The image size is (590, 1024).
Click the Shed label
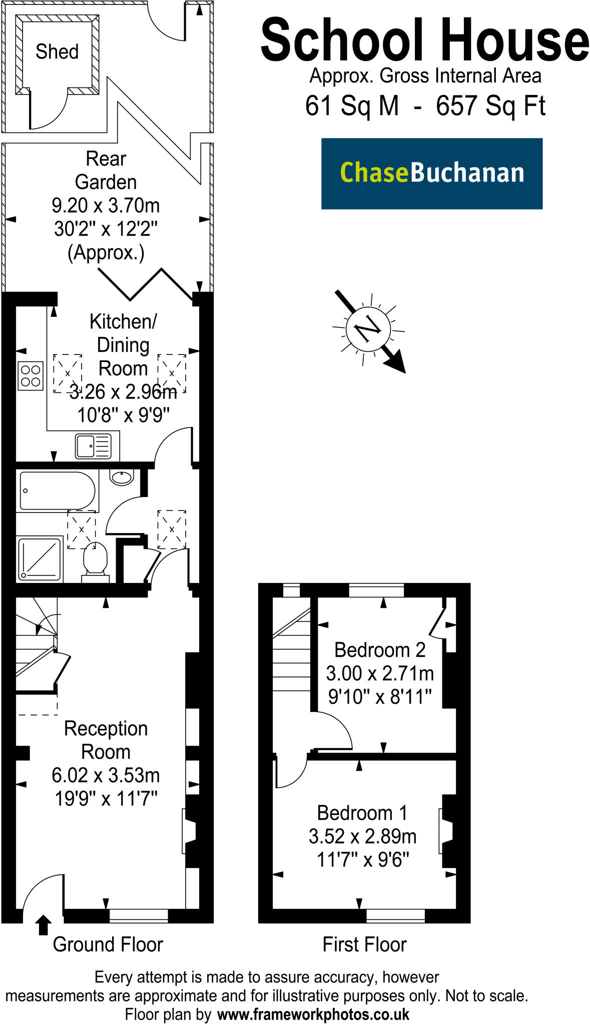click(x=57, y=51)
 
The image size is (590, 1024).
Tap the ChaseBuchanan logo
click(x=432, y=173)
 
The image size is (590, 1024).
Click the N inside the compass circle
click(x=368, y=328)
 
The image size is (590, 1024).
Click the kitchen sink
click(x=93, y=446)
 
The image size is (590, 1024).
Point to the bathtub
click(x=57, y=491)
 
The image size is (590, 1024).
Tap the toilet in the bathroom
click(x=95, y=562)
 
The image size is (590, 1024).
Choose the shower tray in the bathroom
click(x=40, y=559)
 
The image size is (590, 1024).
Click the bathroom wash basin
click(x=122, y=477)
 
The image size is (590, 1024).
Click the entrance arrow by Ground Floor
click(x=44, y=924)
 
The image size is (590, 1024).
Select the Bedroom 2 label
click(x=380, y=650)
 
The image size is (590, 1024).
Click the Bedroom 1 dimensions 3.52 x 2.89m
click(x=362, y=836)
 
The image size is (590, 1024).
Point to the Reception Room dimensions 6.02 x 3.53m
click(x=106, y=775)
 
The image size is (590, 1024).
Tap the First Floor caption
click(x=364, y=944)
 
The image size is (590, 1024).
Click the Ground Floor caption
click(x=108, y=944)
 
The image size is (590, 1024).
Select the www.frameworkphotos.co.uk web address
click(x=313, y=1014)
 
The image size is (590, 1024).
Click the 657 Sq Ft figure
click(x=490, y=105)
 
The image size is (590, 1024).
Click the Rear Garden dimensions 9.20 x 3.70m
click(x=106, y=205)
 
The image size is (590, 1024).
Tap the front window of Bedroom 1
click(x=395, y=915)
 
